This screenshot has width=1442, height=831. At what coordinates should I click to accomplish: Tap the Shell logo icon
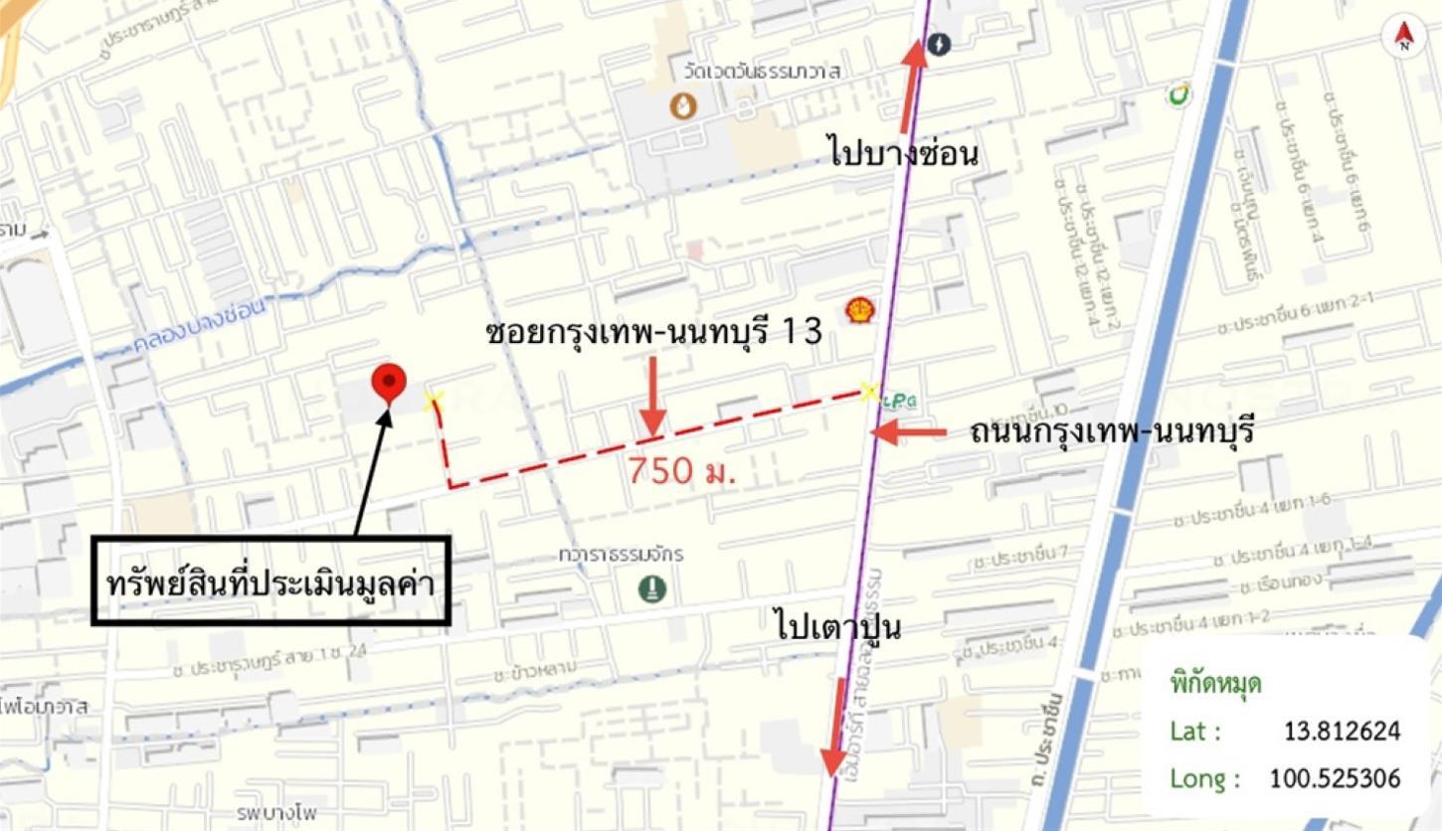click(857, 311)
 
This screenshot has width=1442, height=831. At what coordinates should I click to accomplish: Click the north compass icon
click(1403, 36)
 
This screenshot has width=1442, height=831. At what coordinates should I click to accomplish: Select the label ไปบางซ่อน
click(903, 154)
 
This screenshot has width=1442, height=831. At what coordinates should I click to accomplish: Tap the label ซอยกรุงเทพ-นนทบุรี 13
click(653, 333)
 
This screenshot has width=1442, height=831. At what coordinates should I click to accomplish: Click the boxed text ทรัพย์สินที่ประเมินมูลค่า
click(270, 582)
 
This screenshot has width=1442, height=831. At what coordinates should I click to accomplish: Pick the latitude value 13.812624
click(1342, 732)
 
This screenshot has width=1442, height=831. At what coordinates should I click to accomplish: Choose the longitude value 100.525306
click(1335, 778)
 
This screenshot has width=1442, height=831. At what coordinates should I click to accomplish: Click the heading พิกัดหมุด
click(1215, 686)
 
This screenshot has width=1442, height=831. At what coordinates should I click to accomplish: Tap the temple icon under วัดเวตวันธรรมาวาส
click(683, 104)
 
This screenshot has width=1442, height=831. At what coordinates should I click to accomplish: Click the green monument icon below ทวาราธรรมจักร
click(652, 589)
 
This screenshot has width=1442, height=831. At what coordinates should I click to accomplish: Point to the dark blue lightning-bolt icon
click(938, 44)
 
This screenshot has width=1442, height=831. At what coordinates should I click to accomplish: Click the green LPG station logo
click(900, 400)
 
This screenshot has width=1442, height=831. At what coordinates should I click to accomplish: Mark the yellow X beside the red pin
click(433, 401)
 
